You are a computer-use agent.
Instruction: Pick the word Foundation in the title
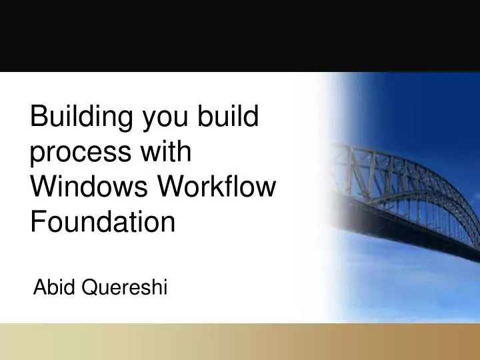pyautogui.click(x=103, y=221)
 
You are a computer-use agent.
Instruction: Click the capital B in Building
pyautogui.click(x=40, y=118)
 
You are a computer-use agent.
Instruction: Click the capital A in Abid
pyautogui.click(x=39, y=287)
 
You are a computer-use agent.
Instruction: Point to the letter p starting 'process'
pyautogui.click(x=39, y=155)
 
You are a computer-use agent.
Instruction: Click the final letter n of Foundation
pyautogui.click(x=169, y=223)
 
